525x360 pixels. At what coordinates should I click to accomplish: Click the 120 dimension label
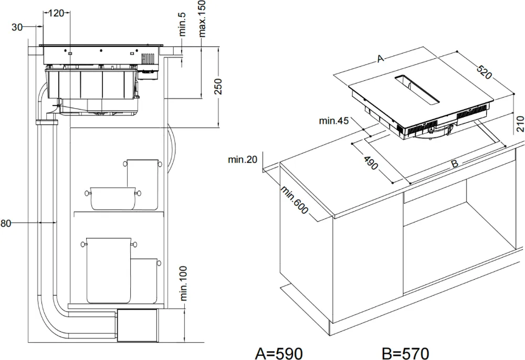(57, 13)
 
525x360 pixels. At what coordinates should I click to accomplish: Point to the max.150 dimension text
(203, 19)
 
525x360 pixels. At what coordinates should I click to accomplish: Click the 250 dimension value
(219, 87)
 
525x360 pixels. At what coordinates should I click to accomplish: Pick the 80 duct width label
(6, 224)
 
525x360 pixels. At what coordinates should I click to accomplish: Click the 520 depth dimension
(484, 72)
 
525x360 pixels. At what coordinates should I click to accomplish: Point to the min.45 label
(334, 121)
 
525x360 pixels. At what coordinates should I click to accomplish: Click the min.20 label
(243, 160)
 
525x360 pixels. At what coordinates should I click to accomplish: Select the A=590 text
(279, 351)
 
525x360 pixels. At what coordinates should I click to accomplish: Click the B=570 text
(405, 351)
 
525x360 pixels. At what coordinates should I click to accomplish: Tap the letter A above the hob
(381, 59)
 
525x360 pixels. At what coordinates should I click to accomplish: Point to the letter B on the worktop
(455, 164)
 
